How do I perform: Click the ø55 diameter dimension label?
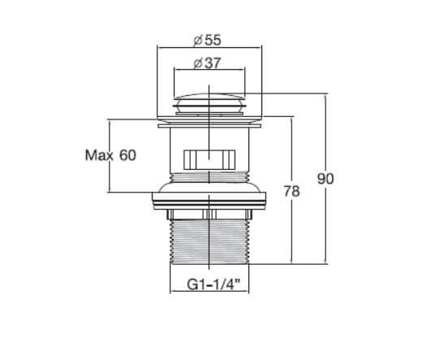[x=207, y=41]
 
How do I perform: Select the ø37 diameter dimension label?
[x=207, y=63]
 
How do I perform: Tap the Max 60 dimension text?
[x=110, y=155]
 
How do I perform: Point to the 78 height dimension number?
[x=291, y=191]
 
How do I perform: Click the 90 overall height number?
[x=326, y=179]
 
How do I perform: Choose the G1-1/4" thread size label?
[x=213, y=285]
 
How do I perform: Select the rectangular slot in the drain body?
[x=209, y=160]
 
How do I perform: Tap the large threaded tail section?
[x=209, y=241]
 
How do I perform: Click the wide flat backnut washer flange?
[x=209, y=201]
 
